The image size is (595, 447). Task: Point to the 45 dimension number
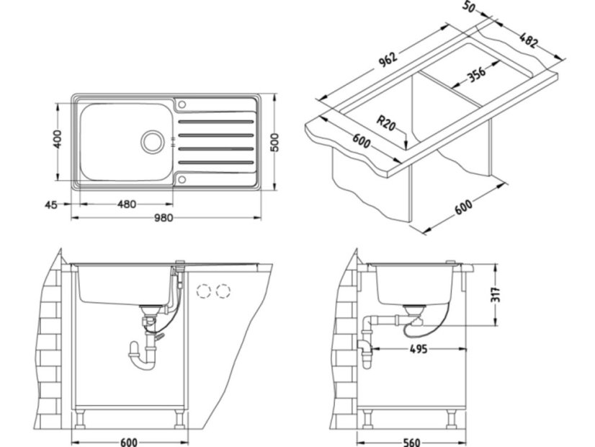[50, 205]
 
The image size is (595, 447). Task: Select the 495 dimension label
[419, 349]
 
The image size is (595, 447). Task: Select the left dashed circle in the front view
[204, 291]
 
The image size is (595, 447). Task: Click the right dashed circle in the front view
[223, 291]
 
